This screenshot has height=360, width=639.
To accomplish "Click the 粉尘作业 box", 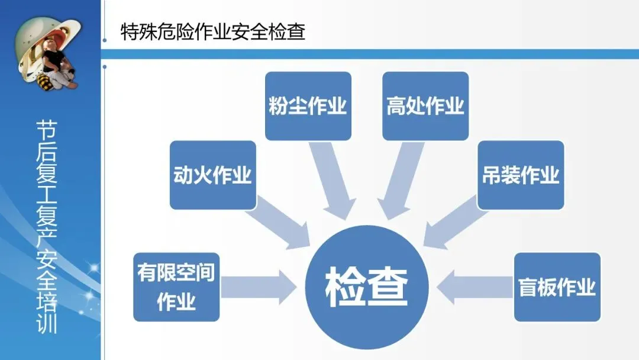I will point(308,106).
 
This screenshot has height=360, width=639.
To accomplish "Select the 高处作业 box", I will point(425,106).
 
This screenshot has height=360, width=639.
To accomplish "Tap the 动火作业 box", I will point(212,175).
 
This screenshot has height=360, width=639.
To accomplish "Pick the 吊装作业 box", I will point(520,175).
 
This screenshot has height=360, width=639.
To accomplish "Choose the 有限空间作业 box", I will point(176,287).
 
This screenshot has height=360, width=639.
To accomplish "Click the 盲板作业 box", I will point(557,287).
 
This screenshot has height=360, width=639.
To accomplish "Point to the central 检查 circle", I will point(367,287).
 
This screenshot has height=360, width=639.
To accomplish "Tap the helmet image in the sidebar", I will point(49,53).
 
